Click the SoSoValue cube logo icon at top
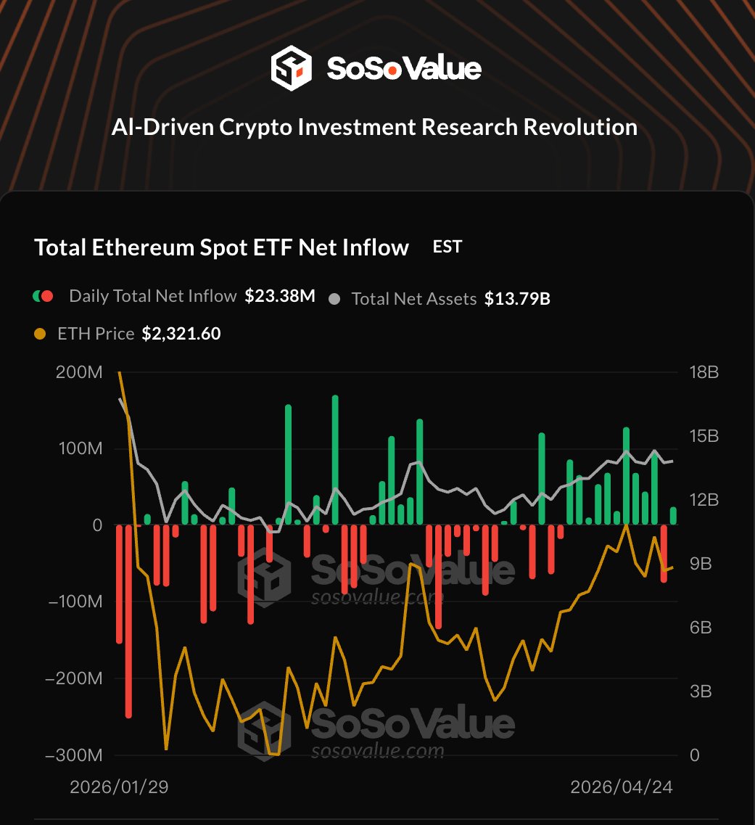pos(291,69)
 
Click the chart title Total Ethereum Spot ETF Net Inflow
pos(221,247)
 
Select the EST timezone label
pos(447,247)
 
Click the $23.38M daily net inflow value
pos(279,296)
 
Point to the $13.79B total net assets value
pos(517,298)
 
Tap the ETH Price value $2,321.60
pos(181,334)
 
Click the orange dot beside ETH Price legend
pos(41,334)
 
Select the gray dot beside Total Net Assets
pos(334,298)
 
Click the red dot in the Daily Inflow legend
pos(48,296)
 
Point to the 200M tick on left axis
pos(78,373)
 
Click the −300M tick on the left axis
pos(73,755)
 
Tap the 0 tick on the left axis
pos(96,525)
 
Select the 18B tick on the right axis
pos(704,373)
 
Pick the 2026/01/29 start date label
pos(119,787)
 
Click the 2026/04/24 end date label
pos(622,787)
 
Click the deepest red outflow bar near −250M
pos(128,620)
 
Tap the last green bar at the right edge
pos(673,516)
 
